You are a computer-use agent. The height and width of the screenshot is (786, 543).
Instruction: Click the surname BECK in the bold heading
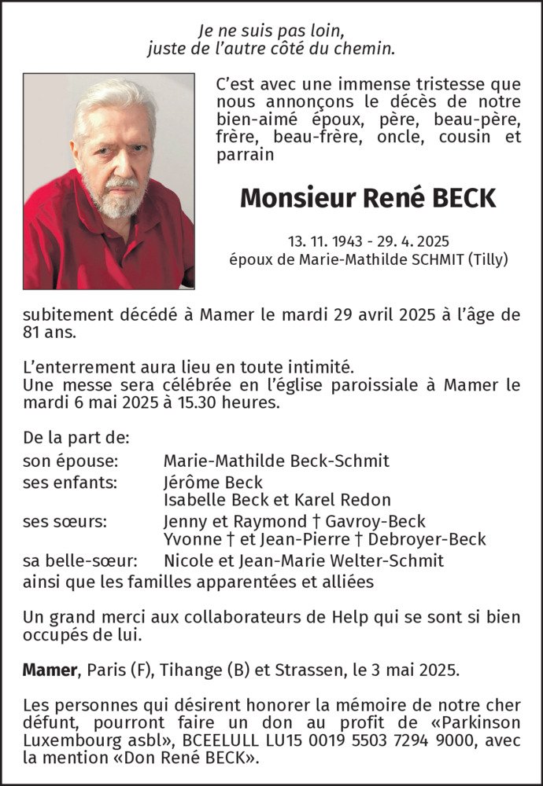[x=464, y=198]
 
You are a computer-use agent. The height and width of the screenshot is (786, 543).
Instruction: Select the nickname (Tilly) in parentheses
[x=486, y=258]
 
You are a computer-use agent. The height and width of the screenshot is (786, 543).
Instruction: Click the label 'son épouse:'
[x=71, y=461]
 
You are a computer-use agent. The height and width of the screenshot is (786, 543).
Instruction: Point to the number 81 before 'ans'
[x=32, y=333]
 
